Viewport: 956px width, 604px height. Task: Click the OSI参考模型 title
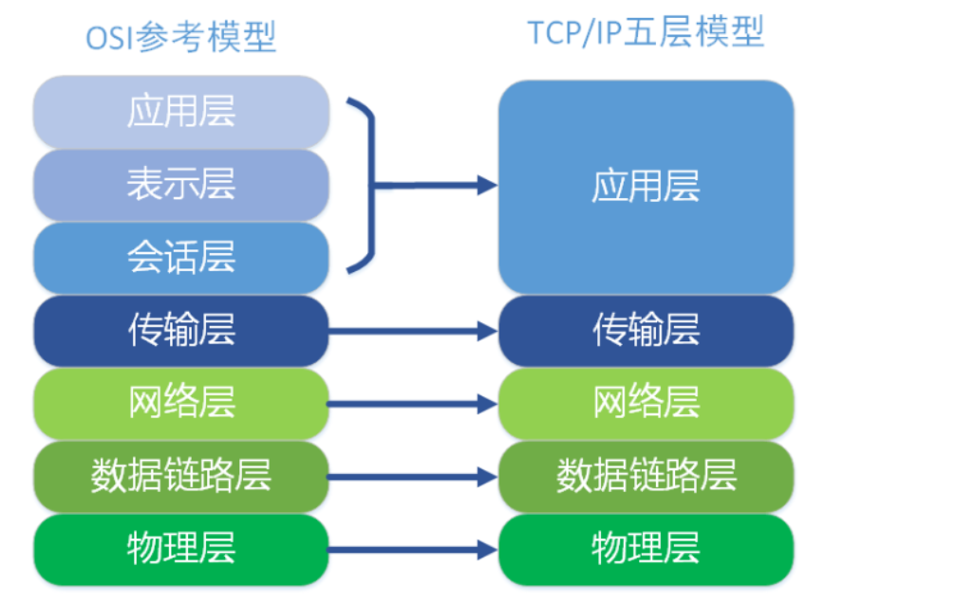click(180, 38)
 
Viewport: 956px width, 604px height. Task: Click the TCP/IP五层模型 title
click(646, 33)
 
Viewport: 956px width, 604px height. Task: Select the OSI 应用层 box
click(180, 112)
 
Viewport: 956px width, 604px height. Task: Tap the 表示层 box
click(180, 185)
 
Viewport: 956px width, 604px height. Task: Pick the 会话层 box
click(180, 258)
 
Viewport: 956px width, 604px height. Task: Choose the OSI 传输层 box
click(180, 331)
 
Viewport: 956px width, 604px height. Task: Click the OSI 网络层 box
click(180, 404)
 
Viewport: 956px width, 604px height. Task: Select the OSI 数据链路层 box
click(180, 476)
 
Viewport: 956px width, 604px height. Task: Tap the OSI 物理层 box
click(180, 549)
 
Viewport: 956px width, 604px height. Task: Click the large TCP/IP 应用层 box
click(646, 187)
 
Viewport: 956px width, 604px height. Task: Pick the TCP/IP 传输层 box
click(646, 331)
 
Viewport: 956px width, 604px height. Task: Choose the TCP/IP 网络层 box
click(646, 404)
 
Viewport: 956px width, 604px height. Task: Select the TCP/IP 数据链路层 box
click(646, 476)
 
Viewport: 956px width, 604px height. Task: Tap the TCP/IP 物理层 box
click(646, 549)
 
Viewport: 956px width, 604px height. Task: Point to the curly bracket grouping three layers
click(366, 185)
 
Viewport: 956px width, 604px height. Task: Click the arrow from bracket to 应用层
click(437, 185)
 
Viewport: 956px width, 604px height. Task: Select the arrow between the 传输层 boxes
click(413, 331)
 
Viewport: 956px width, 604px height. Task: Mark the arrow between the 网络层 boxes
click(413, 405)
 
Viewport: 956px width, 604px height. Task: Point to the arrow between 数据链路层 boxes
click(413, 476)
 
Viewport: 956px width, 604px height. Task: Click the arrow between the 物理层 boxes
click(413, 549)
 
